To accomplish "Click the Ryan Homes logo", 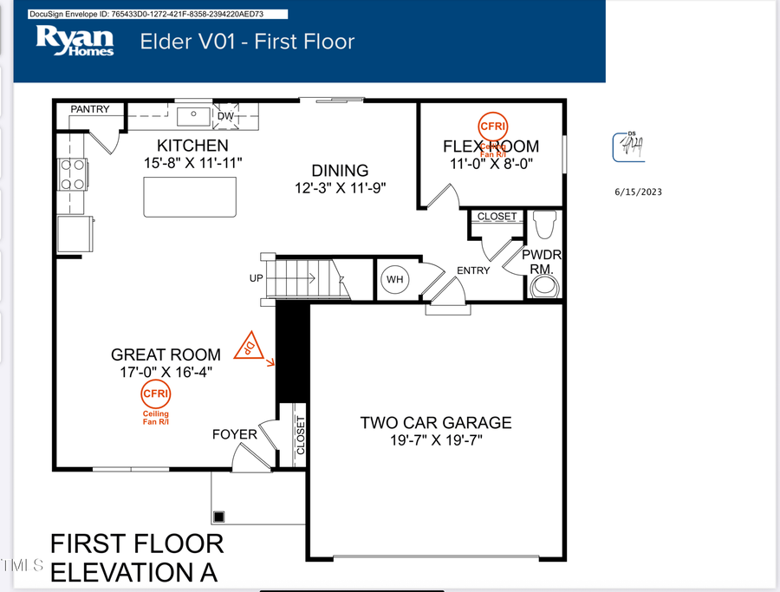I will point(75,41).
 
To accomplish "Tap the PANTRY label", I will point(90,109).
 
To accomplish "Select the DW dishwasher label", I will point(225,115).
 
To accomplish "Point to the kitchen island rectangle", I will point(190,198).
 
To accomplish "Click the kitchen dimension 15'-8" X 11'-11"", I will point(192,162).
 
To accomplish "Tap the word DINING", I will point(340,171).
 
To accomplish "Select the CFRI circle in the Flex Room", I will point(493,125).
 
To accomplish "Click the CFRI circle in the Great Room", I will point(156,394).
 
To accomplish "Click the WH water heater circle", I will point(395,280).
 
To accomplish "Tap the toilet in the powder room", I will point(543,224).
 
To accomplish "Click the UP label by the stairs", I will point(256,279).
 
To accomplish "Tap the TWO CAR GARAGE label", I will point(436,423).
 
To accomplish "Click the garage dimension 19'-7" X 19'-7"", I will point(436,440).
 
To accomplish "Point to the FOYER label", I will point(235,434).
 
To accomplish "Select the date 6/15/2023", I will point(637,192).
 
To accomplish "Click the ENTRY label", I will point(473,270).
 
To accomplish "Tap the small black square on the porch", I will point(219,517).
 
